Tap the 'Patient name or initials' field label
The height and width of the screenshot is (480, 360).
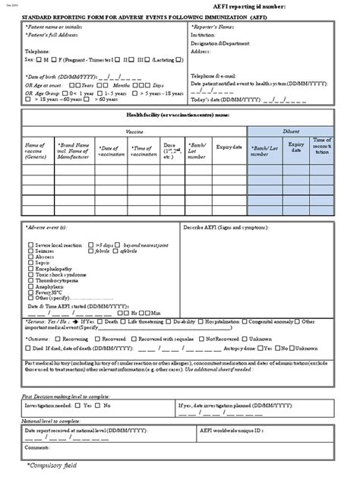[54, 27]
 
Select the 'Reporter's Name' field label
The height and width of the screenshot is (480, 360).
[220, 27]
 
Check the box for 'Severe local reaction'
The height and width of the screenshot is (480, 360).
[30, 245]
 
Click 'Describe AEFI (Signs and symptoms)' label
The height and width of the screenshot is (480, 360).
[228, 227]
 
